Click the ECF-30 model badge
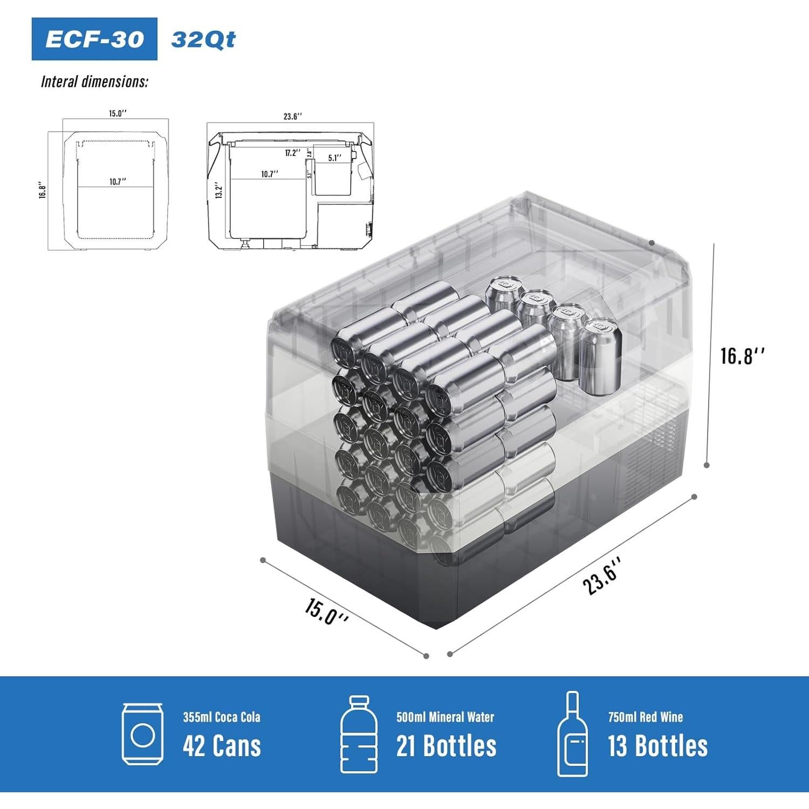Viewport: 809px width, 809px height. click(94, 39)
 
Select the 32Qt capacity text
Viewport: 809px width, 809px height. click(203, 39)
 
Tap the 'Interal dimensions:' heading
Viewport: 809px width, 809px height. click(94, 81)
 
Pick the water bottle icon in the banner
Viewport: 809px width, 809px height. click(359, 735)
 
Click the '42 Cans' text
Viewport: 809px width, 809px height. click(222, 746)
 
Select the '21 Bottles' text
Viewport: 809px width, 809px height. click(446, 746)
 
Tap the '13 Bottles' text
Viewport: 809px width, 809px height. click(657, 746)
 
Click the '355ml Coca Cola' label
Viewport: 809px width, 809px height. click(221, 717)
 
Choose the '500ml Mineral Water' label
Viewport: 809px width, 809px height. click(445, 717)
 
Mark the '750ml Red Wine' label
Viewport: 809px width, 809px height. click(645, 717)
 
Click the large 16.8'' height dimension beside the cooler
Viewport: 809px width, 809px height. click(743, 356)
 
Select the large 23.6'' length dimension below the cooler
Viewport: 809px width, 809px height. click(602, 576)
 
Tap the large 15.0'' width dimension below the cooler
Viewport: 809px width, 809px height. click(326, 611)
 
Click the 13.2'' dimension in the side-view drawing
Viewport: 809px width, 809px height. click(218, 190)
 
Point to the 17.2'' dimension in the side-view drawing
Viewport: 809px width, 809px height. click(292, 153)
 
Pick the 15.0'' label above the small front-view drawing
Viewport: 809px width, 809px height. click(118, 113)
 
